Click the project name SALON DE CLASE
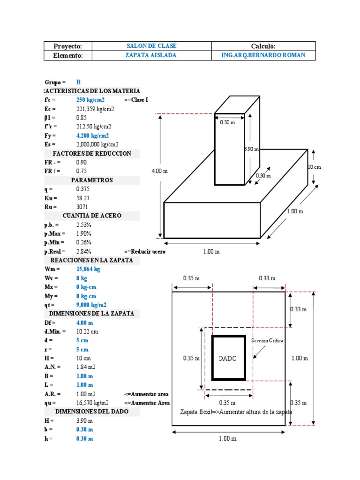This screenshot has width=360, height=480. tap(151, 46)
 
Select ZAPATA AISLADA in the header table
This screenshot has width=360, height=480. tap(151, 55)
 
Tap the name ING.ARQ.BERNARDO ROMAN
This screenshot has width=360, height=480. tap(263, 55)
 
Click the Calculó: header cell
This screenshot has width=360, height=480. tap(263, 46)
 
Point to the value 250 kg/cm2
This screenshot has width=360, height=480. tap(90, 100)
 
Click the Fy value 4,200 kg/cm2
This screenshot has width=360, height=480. tap(92, 135)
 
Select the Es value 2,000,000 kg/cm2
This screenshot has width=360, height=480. tap(97, 144)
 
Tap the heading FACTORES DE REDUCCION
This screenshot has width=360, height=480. tap(92, 153)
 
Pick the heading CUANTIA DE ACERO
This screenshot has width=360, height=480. tap(92, 216)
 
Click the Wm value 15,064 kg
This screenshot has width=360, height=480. tap(88, 269)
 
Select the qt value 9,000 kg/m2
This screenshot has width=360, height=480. tap(92, 305)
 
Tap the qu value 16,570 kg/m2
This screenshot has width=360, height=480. tap(92, 403)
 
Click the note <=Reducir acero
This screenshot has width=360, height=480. tap(145, 251)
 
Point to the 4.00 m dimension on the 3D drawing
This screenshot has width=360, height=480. tap(159, 171)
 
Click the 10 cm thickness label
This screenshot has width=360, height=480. tap(314, 167)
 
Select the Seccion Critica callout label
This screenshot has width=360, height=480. tap(268, 341)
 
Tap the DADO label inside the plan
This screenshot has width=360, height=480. tap(228, 359)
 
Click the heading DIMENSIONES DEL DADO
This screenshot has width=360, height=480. tap(92, 412)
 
